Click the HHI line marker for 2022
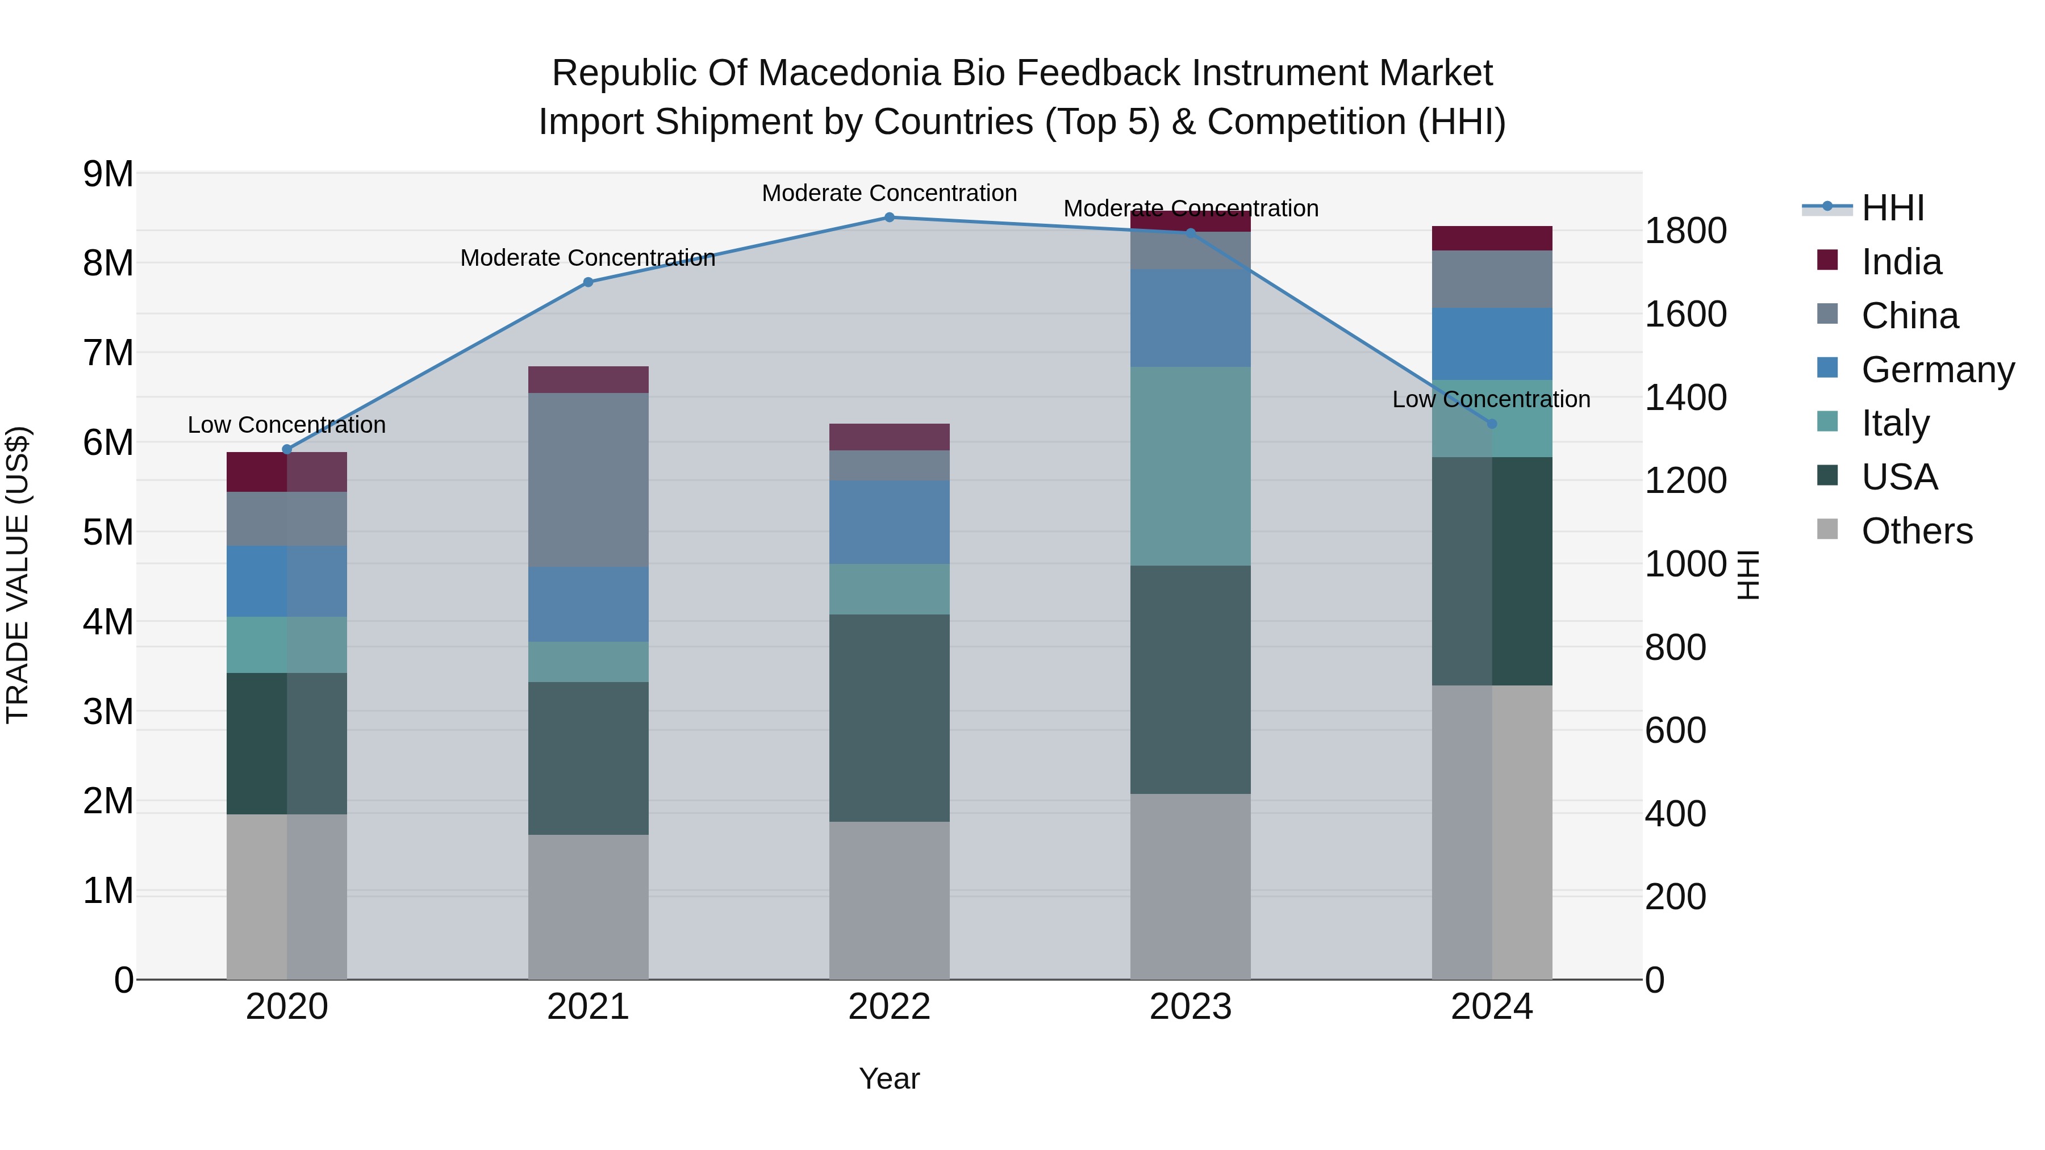click(x=889, y=218)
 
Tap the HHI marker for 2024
click(x=1492, y=424)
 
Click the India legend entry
click(x=1901, y=262)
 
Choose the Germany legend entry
click(x=1937, y=370)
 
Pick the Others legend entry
click(x=1917, y=531)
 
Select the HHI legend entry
click(x=1893, y=208)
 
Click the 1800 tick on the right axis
click(x=1685, y=231)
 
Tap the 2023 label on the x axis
click(x=1190, y=1007)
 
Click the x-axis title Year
click(x=889, y=1078)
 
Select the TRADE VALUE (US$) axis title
click(x=18, y=575)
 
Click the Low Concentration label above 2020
click(x=287, y=425)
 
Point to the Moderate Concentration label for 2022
click(x=889, y=193)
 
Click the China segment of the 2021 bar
click(x=589, y=479)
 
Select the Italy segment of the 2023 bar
click(x=1190, y=466)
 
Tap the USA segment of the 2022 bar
click(x=889, y=717)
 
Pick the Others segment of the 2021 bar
click(x=589, y=906)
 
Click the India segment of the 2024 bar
click(x=1492, y=238)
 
